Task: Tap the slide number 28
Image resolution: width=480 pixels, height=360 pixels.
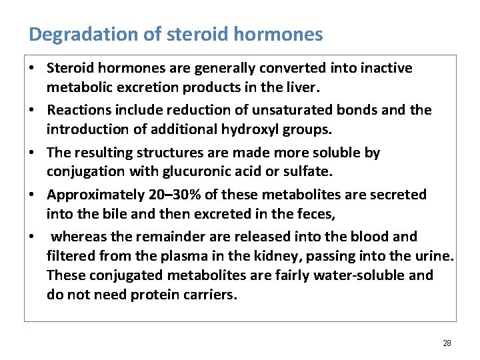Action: tap(447, 343)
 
